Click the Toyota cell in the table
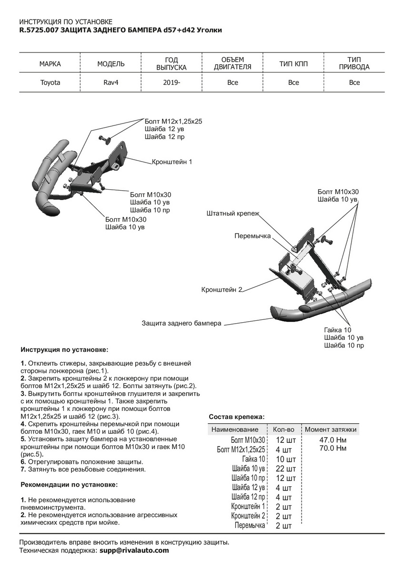tap(50, 82)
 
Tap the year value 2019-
tap(172, 82)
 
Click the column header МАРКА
tap(50, 64)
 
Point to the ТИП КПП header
tap(293, 64)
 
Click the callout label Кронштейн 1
tap(172, 162)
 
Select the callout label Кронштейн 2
tap(222, 289)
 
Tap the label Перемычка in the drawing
tap(252, 236)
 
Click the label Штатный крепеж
tap(233, 214)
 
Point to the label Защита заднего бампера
tap(182, 323)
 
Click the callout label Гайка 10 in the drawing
tap(337, 330)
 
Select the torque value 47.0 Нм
tap(333, 439)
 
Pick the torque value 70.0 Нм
tap(333, 448)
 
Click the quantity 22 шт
tap(286, 469)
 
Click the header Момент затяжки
tap(331, 429)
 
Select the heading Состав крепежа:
tap(236, 417)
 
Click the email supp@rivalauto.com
tap(134, 551)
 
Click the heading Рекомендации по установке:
tap(69, 485)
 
